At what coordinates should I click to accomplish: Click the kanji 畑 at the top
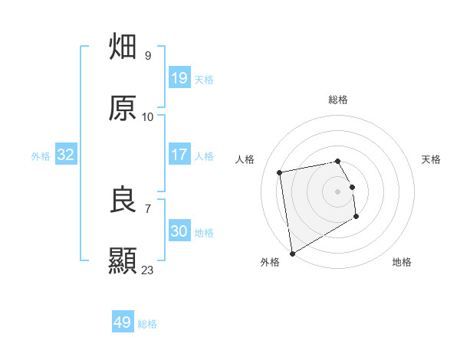click(x=123, y=47)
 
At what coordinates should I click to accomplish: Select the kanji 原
click(x=123, y=108)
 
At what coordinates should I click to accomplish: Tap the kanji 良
click(x=123, y=200)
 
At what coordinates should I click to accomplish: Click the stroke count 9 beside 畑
click(x=148, y=56)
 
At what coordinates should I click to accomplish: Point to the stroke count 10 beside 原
click(x=148, y=117)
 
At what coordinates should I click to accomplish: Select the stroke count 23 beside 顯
click(x=148, y=270)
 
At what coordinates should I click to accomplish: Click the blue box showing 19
click(x=179, y=77)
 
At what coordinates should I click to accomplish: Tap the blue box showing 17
click(x=179, y=155)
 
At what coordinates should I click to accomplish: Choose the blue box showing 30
click(x=179, y=231)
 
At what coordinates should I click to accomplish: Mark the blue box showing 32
click(x=66, y=155)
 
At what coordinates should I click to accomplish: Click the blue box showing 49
click(x=123, y=322)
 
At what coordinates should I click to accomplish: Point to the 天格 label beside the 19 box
click(x=204, y=79)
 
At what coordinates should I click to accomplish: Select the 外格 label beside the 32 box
click(x=41, y=155)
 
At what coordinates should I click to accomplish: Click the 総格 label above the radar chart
click(x=338, y=100)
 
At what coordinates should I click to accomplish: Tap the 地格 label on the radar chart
click(x=402, y=262)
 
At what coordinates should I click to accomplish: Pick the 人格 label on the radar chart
click(x=245, y=159)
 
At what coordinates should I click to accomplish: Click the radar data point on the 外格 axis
click(x=291, y=252)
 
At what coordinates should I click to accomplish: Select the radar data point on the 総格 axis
click(x=337, y=161)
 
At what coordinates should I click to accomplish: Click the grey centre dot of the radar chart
click(x=337, y=191)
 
